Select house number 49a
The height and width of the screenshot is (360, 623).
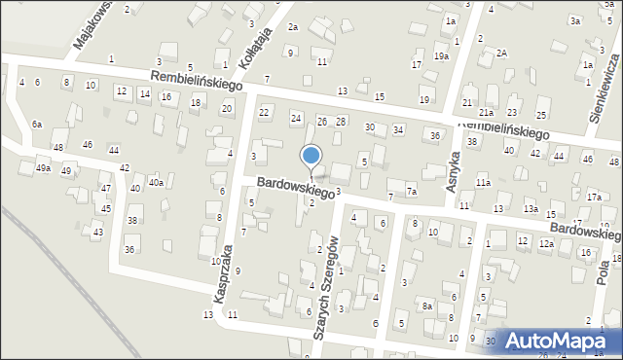click(x=43, y=168)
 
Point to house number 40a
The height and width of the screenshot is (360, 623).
click(x=156, y=183)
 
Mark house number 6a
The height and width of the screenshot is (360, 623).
click(x=37, y=125)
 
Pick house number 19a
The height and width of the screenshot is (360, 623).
click(x=441, y=57)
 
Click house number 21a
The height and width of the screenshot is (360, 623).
click(x=485, y=114)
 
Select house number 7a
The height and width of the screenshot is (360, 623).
click(x=412, y=192)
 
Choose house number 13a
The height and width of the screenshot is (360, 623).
click(x=531, y=208)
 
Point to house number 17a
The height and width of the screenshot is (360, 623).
click(x=594, y=198)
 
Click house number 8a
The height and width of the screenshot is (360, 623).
click(x=426, y=306)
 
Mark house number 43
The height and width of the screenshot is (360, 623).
click(x=97, y=233)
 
